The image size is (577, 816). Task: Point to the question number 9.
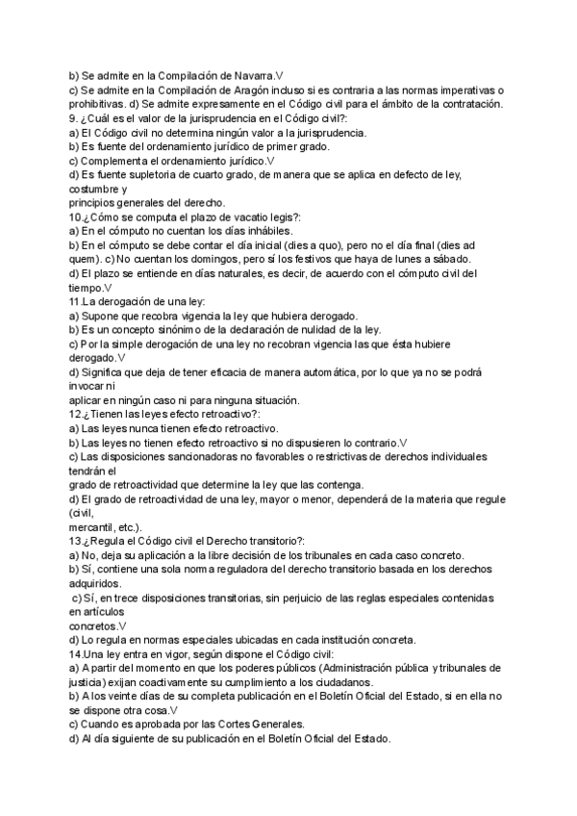73,117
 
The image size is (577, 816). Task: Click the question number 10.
76,217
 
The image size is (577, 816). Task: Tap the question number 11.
76,302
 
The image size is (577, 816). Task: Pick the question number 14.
76,654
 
